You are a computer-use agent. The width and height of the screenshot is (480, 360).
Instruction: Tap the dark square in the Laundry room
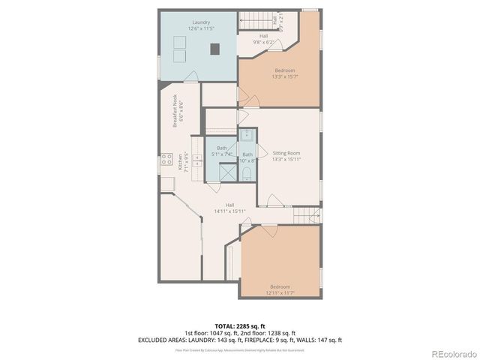[215, 49]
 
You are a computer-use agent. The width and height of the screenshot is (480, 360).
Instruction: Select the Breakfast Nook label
[178, 114]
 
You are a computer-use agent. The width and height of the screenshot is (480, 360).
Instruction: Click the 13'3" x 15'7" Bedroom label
[278, 73]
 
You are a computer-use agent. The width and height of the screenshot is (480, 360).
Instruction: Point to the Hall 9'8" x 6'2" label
[263, 39]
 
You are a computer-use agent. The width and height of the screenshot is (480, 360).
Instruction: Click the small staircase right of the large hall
[301, 216]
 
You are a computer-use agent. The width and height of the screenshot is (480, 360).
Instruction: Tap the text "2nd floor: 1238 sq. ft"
[267, 333]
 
